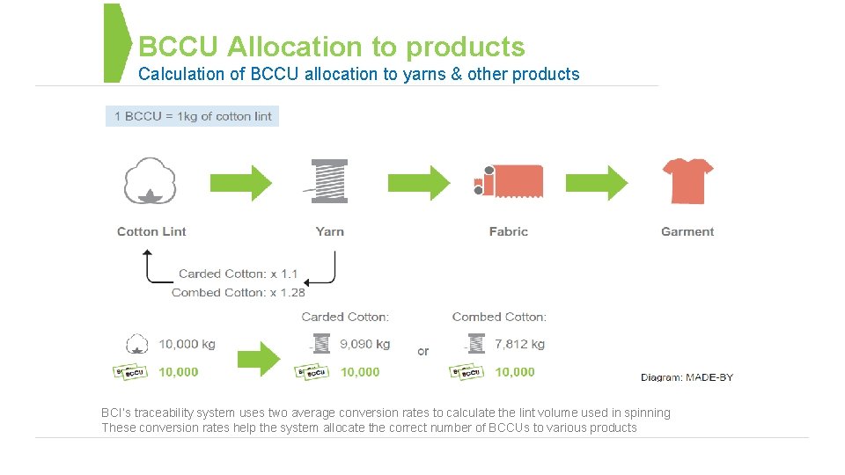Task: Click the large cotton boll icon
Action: click(x=151, y=181)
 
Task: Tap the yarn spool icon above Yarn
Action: click(x=329, y=181)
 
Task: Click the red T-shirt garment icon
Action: click(x=687, y=181)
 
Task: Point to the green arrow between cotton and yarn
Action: click(x=240, y=182)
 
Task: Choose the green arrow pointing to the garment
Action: click(x=597, y=182)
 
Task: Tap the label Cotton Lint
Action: click(x=151, y=231)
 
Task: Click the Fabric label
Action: click(x=509, y=231)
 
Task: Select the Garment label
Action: click(x=687, y=231)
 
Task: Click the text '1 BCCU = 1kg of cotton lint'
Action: click(x=193, y=116)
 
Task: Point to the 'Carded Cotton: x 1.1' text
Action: click(x=239, y=274)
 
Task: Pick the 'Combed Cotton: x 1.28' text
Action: click(x=239, y=292)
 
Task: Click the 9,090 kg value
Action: click(x=364, y=344)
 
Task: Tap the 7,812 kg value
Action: click(x=519, y=344)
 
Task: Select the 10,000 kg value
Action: click(x=187, y=344)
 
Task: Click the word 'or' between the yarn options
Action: click(x=423, y=351)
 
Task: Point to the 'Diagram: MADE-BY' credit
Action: click(x=687, y=377)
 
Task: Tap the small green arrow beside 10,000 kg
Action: click(x=258, y=357)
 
